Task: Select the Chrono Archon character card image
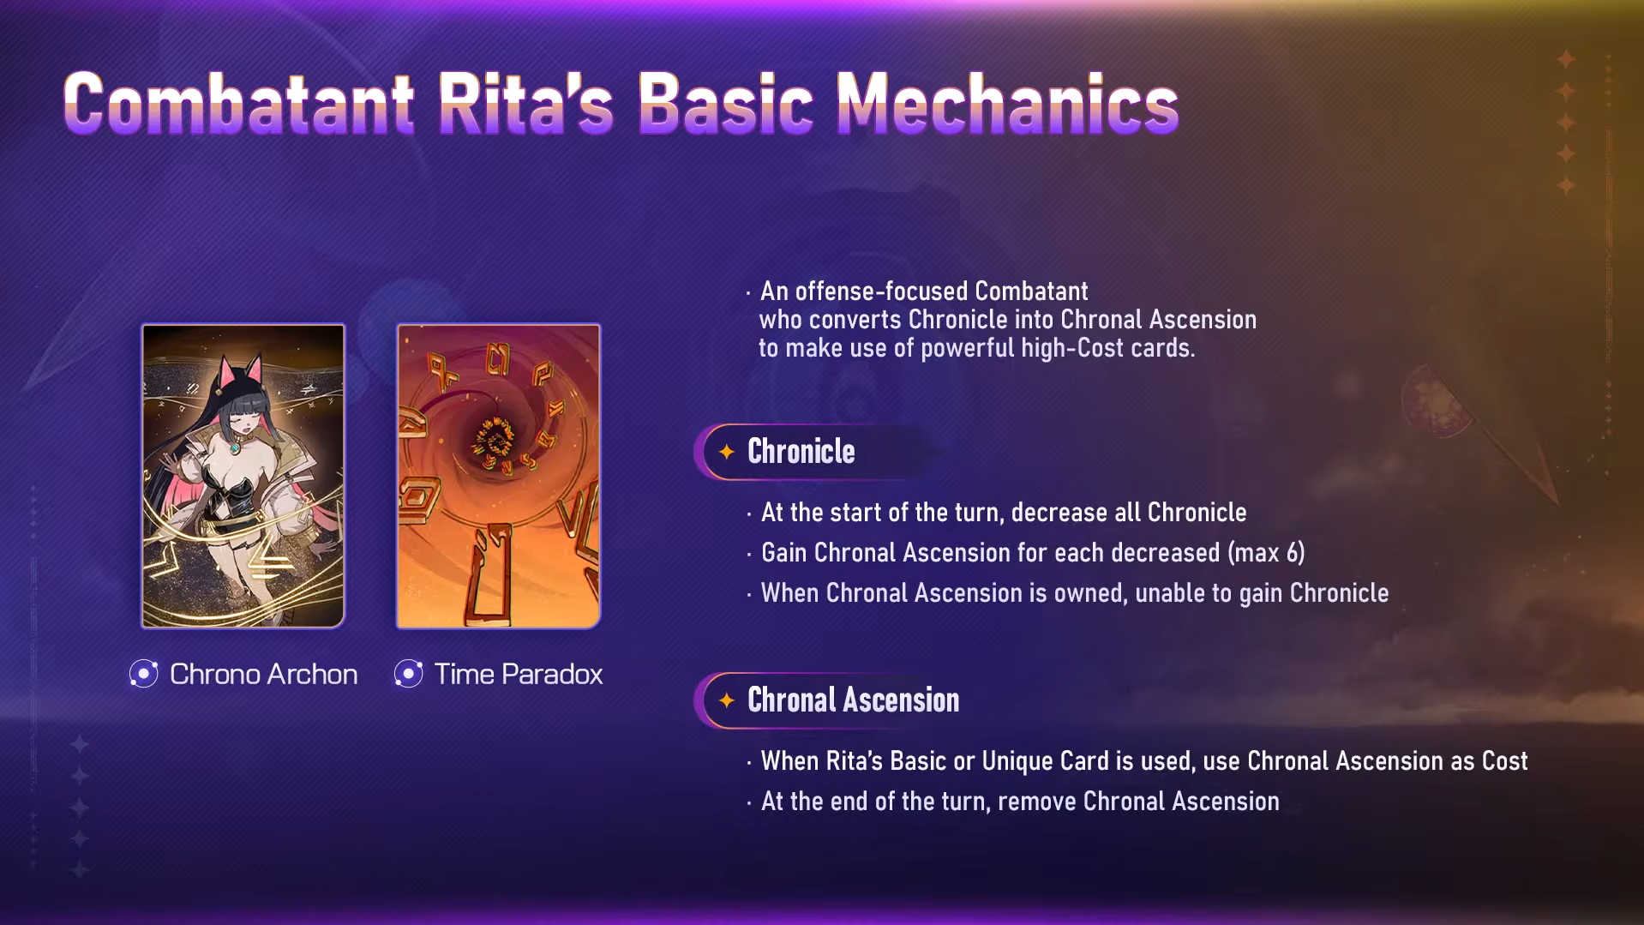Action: [x=243, y=476]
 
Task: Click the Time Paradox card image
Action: [x=498, y=476]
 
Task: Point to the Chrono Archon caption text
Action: [x=264, y=674]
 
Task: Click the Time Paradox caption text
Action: [x=519, y=674]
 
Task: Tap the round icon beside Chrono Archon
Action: [x=144, y=674]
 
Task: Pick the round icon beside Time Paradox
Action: [x=409, y=674]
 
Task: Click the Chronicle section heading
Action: [x=801, y=451]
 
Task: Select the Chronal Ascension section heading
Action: [x=854, y=700]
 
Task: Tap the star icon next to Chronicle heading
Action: [x=727, y=451]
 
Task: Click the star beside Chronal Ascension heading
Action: [x=727, y=700]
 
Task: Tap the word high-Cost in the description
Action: [x=1060, y=348]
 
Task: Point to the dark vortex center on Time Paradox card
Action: [x=495, y=437]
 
